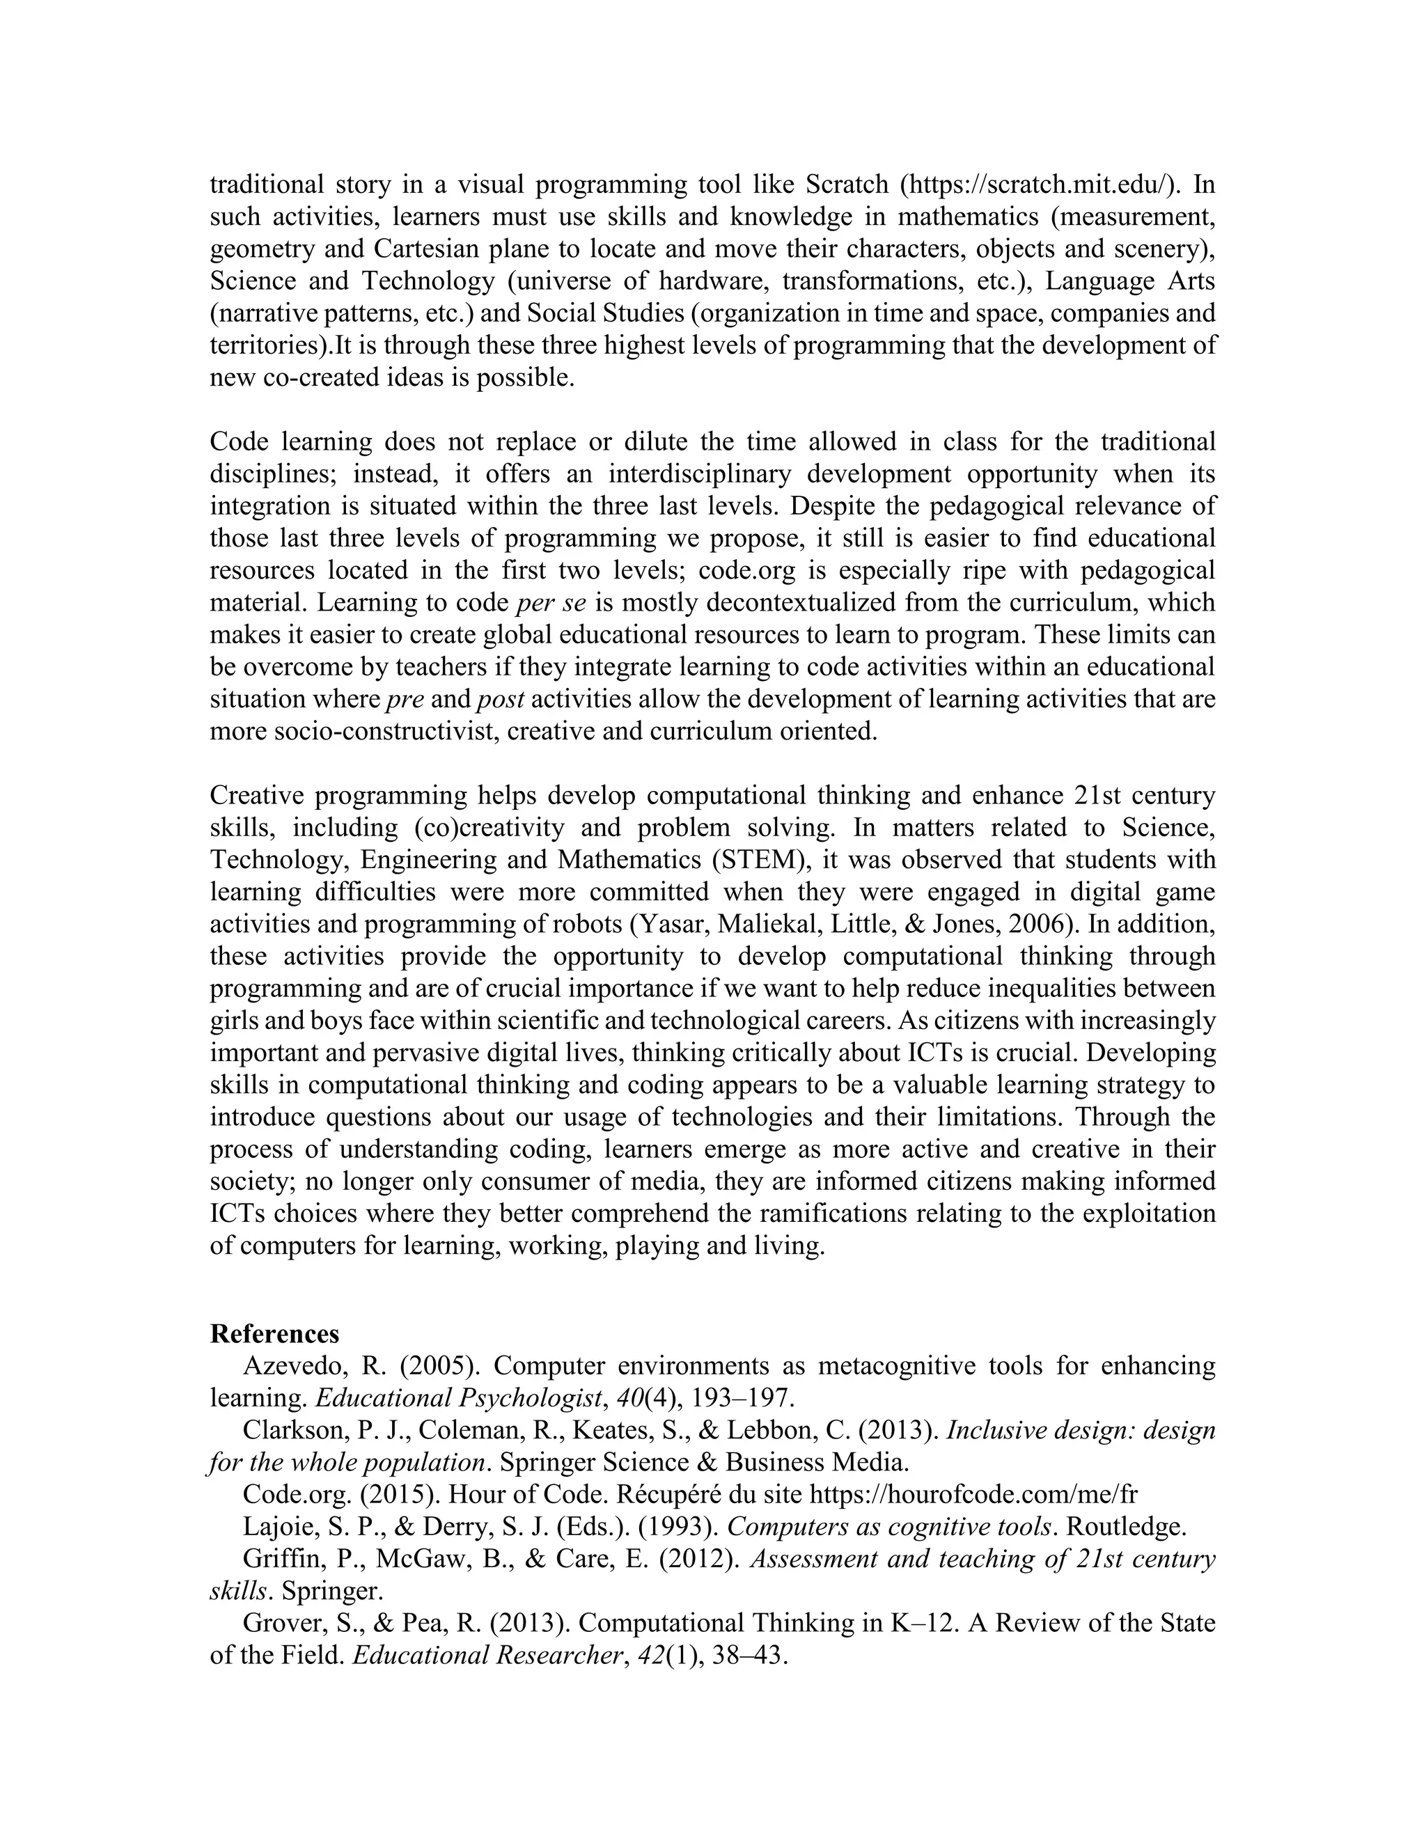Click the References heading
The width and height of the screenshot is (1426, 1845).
point(274,1334)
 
